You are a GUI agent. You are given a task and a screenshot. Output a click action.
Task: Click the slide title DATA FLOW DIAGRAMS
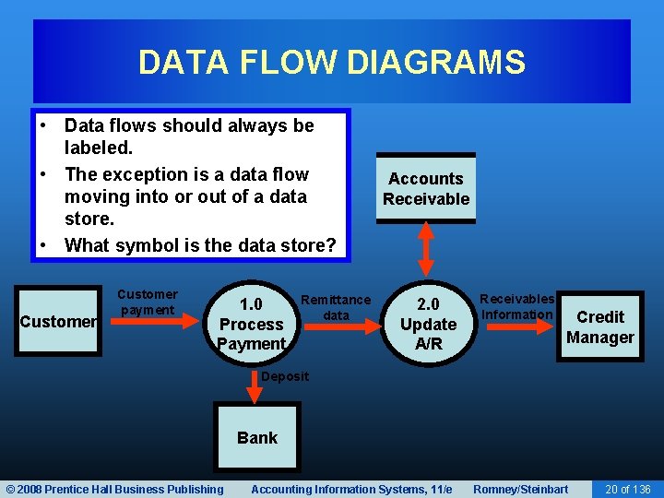point(331,63)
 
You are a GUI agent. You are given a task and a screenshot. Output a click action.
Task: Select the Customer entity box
point(58,322)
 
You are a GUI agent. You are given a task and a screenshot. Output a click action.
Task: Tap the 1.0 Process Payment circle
point(251,324)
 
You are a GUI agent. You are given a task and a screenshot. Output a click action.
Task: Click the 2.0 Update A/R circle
point(428,324)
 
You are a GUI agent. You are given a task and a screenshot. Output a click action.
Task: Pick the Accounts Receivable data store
point(426,189)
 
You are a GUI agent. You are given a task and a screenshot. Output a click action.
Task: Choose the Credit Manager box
point(599,326)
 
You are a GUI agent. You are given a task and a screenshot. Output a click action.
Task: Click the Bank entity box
point(256,437)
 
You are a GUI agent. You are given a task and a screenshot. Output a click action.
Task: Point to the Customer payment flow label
point(148,302)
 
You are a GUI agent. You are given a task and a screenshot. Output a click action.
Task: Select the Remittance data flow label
point(336,307)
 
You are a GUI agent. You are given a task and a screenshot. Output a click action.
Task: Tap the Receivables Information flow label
point(517,306)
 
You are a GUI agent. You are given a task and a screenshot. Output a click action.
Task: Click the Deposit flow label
point(285,376)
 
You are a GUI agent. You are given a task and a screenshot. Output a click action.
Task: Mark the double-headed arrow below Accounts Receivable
point(426,249)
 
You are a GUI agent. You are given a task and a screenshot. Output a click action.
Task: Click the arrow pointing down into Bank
point(254,387)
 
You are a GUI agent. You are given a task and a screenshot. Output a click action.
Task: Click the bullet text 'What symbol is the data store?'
point(200,245)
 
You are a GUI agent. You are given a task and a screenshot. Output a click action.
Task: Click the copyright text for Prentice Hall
point(114,489)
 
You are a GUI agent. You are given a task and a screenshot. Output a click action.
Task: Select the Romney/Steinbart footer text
point(520,489)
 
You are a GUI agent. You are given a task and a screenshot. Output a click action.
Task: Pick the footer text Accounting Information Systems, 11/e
point(351,489)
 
